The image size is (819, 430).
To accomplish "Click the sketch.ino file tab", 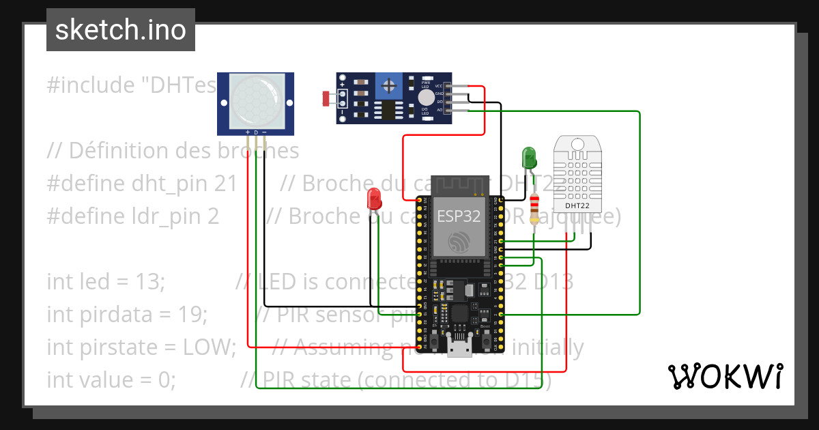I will coord(120,30).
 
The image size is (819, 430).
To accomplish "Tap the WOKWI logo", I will coord(724,376).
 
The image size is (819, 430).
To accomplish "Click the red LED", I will coord(374,199).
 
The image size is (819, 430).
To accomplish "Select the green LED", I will coord(529,158).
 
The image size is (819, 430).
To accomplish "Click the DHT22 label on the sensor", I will coord(577,205).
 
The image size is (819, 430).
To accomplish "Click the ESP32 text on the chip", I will coord(459,217).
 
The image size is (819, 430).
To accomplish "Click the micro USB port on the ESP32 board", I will coord(459,347).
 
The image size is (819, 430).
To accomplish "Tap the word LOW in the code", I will coord(208,347).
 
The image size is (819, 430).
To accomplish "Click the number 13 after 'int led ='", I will coord(149,281).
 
